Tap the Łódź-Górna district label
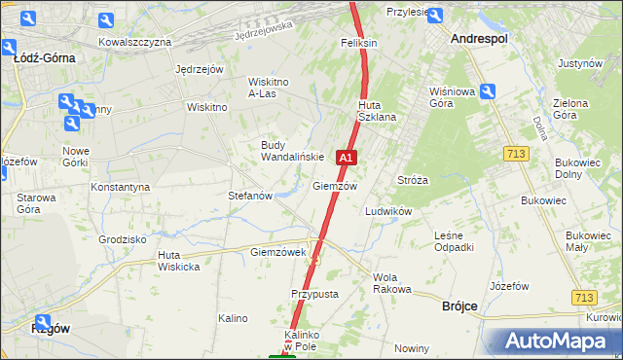(45, 57)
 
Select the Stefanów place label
(249, 195)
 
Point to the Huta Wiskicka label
(179, 261)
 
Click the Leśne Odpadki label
(455, 241)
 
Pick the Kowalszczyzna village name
(135, 42)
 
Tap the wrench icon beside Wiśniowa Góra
(488, 91)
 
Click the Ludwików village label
(388, 210)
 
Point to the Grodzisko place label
(123, 238)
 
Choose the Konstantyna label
(120, 186)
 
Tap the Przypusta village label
(314, 293)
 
